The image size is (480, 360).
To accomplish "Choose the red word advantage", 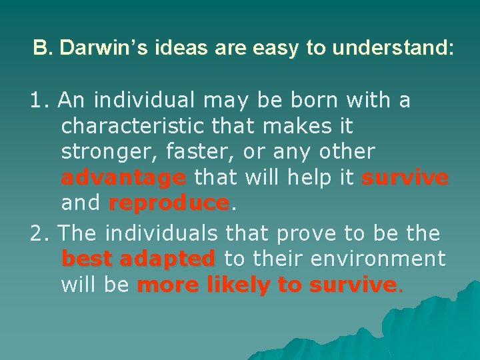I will (123, 178).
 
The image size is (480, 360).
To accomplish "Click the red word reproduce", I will (169, 203).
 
